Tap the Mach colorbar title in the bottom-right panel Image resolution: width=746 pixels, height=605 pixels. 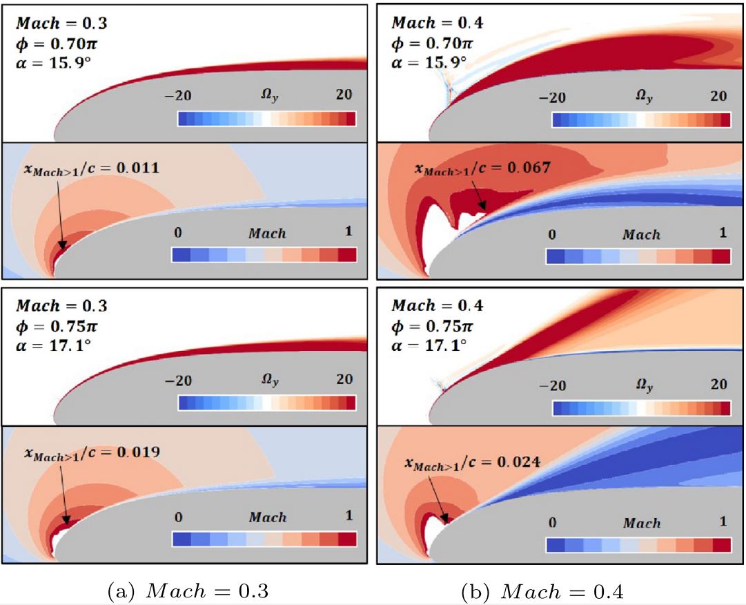point(641,523)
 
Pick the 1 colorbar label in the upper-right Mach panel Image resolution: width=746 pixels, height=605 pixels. point(723,233)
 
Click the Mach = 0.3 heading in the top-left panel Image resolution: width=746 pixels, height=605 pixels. point(61,23)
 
